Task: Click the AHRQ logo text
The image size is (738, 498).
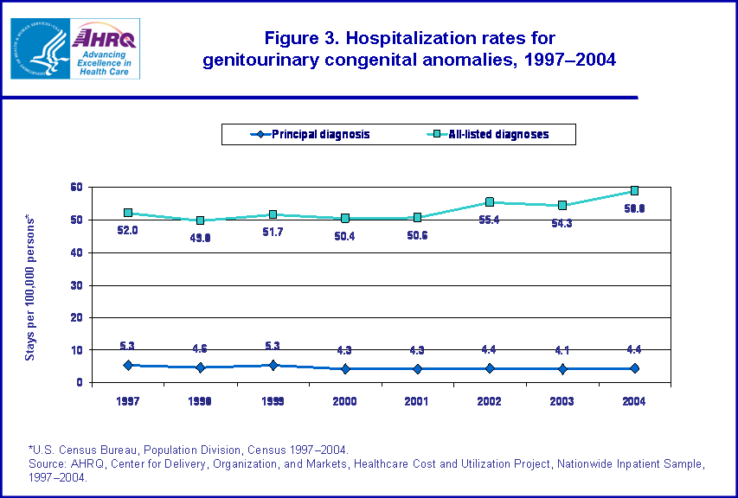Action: pos(101,37)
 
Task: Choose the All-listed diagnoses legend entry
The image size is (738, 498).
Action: pos(491,134)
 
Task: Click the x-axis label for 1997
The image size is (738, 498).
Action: pos(127,401)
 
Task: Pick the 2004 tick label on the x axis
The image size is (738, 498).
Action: pos(634,401)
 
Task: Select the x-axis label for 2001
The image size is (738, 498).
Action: pos(417,401)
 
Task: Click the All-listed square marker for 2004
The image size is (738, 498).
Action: pos(634,191)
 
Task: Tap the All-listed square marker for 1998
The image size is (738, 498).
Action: pos(200,220)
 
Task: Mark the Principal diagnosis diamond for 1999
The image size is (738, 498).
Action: pos(273,365)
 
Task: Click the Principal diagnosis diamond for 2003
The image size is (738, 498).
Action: pos(562,369)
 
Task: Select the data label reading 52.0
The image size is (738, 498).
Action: pos(127,231)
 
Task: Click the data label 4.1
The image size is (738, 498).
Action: pos(562,351)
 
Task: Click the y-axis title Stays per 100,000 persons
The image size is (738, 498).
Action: pos(31,285)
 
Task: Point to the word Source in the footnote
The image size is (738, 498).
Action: pos(48,463)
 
